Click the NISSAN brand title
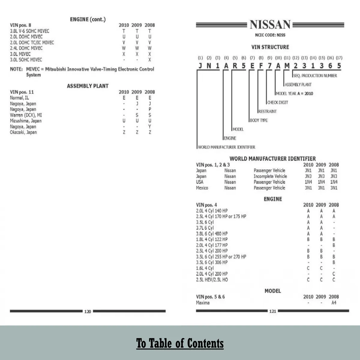coord(270,25)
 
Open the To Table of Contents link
coord(180,343)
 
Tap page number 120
coord(87,311)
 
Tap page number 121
coord(272,311)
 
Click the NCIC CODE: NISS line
coord(270,35)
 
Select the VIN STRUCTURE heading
coord(270,47)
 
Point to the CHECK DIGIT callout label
coord(277,102)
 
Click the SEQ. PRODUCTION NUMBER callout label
coord(315,76)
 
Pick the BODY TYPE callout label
coord(259,120)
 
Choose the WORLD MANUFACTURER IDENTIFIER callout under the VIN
coord(226,147)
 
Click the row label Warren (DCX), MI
coord(26,115)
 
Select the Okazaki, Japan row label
coord(23,132)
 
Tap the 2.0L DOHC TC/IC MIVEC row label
coord(32,42)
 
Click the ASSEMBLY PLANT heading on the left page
coord(88,86)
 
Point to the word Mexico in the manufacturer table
coord(202,188)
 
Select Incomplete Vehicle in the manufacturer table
coord(270,176)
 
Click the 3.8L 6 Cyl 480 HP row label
coord(212,234)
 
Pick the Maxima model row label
coord(203,303)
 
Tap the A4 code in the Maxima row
coord(334,303)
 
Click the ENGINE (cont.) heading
coord(88,20)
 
